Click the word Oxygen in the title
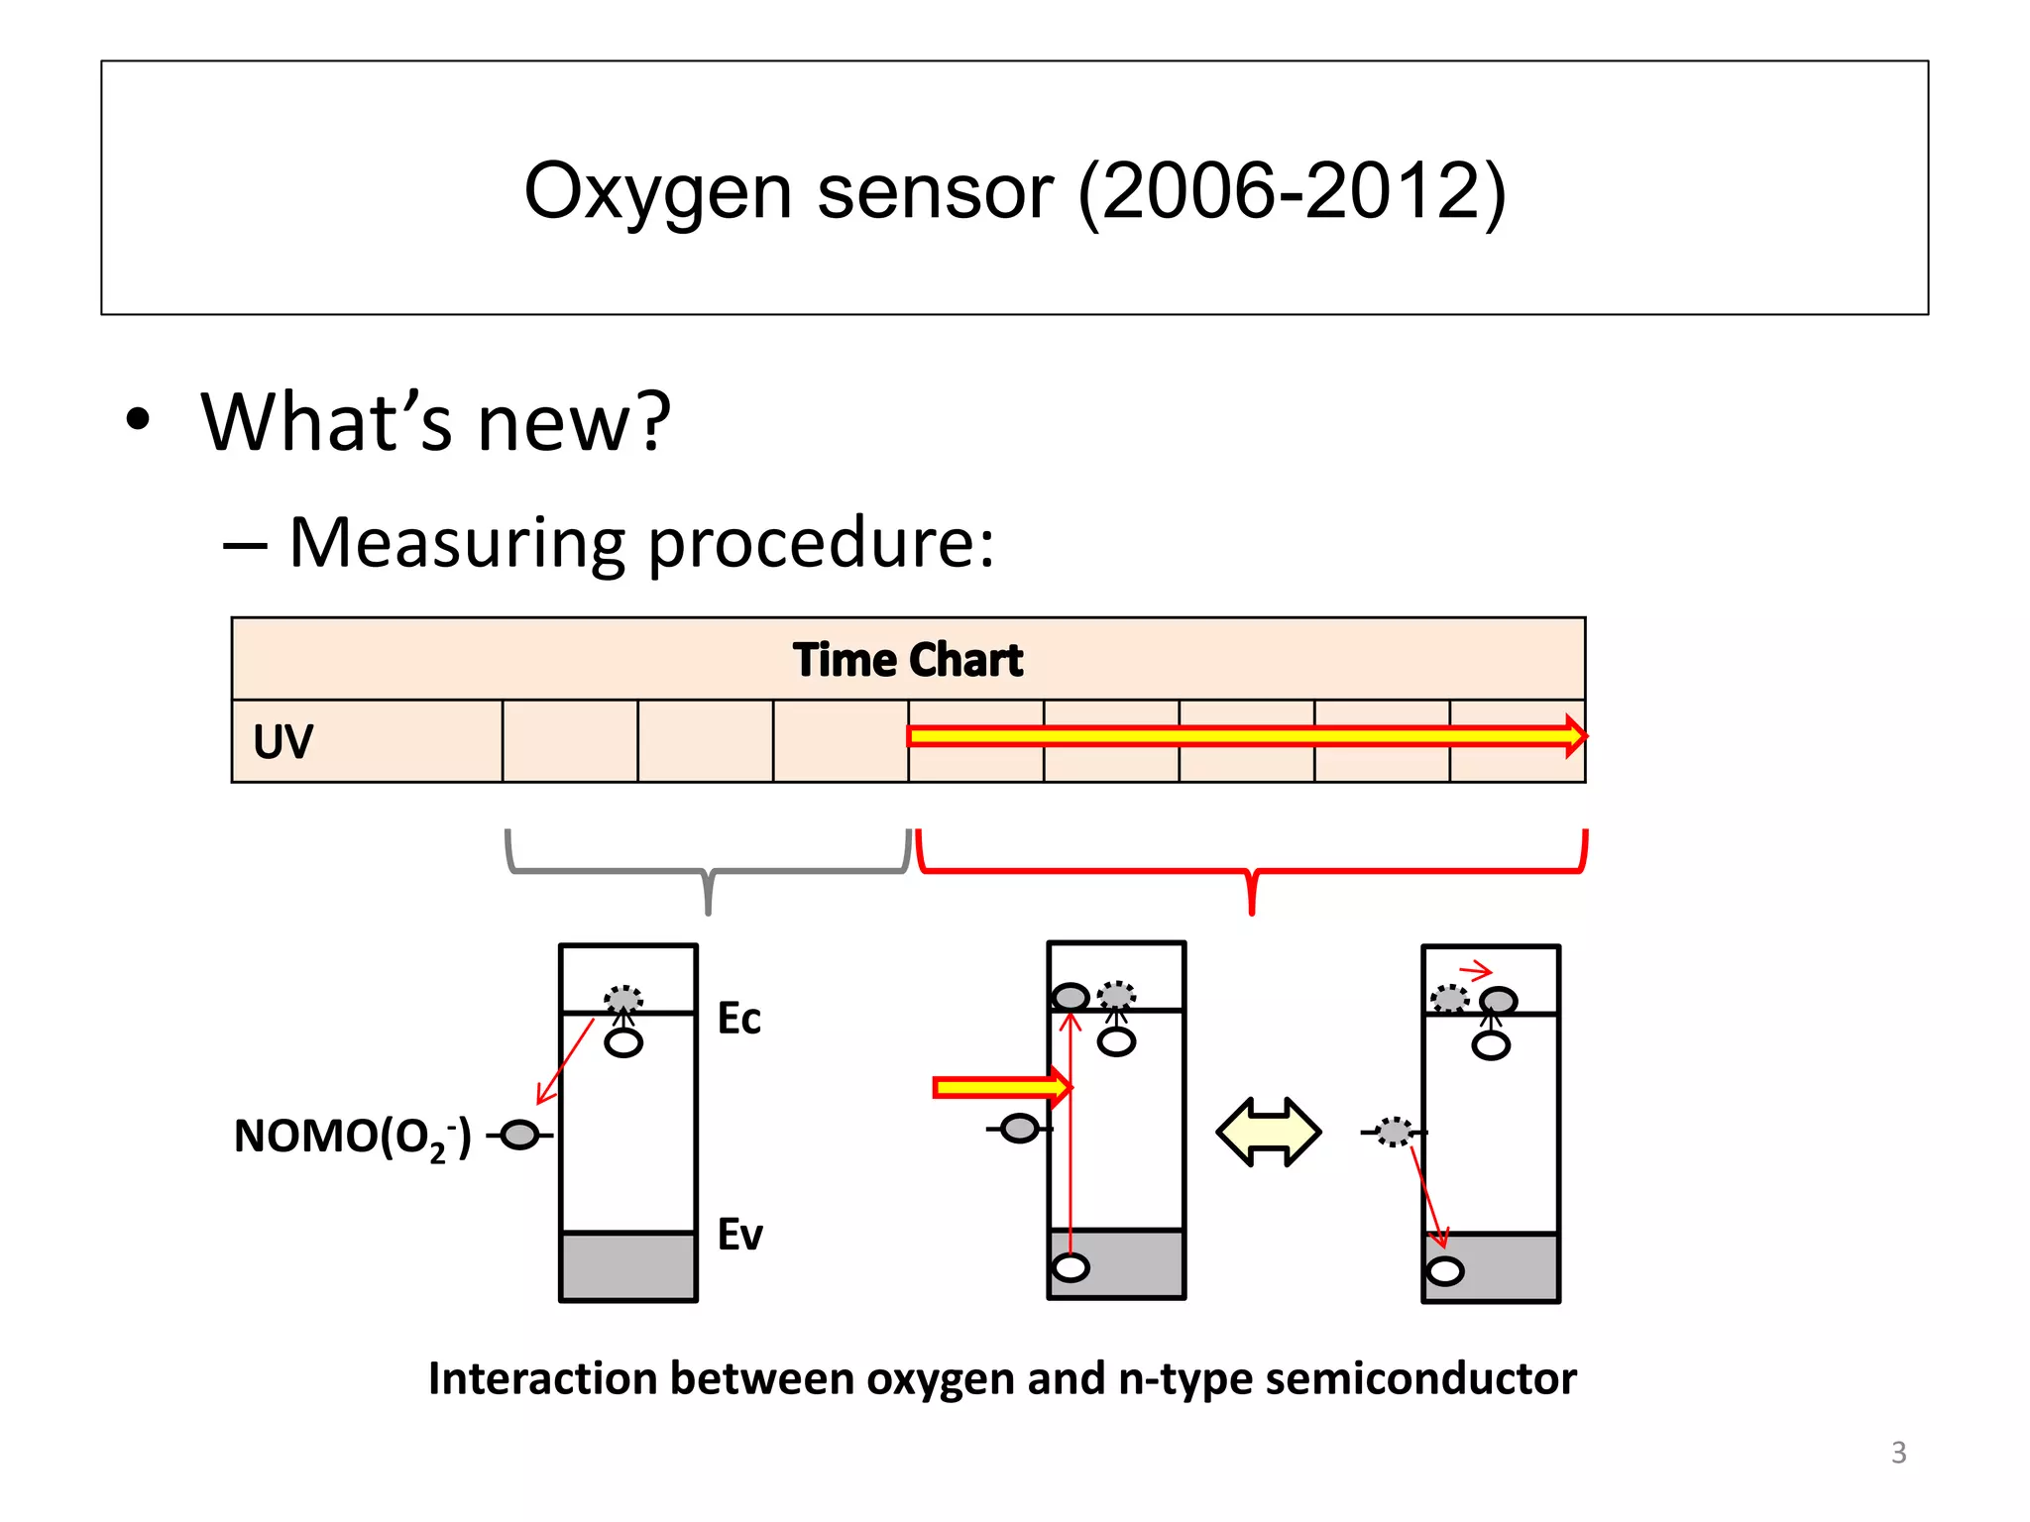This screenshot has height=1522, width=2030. pos(657,193)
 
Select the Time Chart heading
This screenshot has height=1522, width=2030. pos(907,660)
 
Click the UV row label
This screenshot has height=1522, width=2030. pos(282,741)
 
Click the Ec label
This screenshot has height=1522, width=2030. pos(738,1019)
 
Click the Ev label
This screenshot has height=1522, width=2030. pos(739,1235)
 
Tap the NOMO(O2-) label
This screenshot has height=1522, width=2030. pos(352,1138)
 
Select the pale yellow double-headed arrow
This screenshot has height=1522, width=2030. pos(1268,1132)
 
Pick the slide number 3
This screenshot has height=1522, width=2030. pos(1898,1453)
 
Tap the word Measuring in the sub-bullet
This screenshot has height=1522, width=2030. pos(456,543)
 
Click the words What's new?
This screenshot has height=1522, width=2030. pos(436,422)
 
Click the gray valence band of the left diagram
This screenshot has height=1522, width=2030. pos(628,1266)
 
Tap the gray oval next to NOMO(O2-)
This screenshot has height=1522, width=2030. pos(519,1135)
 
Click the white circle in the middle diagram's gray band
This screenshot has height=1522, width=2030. pos(1071,1267)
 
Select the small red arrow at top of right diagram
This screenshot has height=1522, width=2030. pos(1476,970)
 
